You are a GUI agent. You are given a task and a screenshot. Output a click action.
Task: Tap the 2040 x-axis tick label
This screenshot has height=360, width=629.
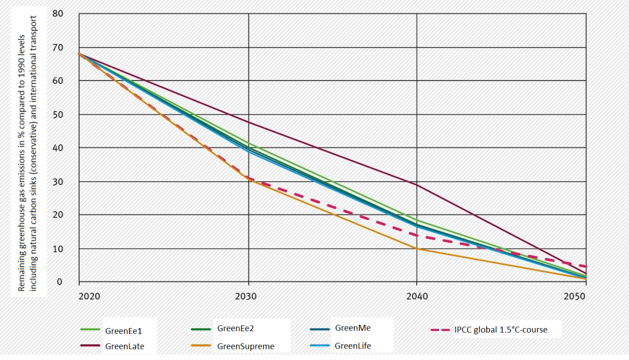click(416, 297)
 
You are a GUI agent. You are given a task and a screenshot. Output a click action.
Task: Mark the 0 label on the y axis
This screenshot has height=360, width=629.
click(60, 282)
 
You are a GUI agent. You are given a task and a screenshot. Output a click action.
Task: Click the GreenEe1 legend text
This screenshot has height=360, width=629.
click(124, 331)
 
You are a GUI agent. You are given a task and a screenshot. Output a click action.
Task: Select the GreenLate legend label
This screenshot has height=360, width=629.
click(125, 346)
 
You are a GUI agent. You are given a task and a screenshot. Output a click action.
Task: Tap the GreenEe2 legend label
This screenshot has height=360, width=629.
click(236, 329)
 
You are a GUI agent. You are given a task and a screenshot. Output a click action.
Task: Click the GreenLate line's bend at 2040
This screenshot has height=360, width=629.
click(417, 184)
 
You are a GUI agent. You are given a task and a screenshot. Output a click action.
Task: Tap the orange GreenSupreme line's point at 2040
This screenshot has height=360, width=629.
click(417, 248)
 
